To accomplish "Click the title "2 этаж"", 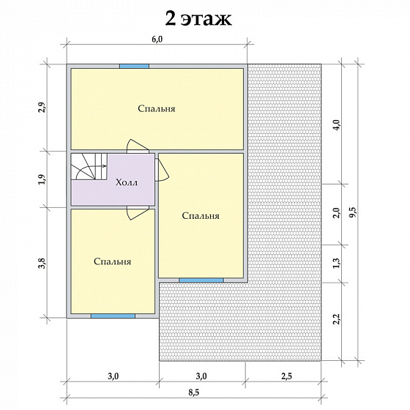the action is tap(198, 19).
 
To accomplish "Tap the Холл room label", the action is tap(127, 182).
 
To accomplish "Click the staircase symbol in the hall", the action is tap(89, 167).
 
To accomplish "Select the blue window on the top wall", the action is tap(135, 66).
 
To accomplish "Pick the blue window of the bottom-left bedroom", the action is tap(113, 316).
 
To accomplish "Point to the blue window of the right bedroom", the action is tap(201, 280).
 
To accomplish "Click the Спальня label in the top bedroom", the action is tap(157, 109).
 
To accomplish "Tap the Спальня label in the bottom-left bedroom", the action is tap(113, 261).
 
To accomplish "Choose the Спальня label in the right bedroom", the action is tap(201, 216).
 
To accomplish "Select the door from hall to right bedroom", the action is tap(162, 170).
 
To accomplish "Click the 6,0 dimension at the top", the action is tap(157, 39).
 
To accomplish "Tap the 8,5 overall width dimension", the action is tap(194, 392).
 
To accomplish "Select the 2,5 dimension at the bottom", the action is tap(286, 376).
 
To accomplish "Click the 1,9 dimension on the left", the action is tap(42, 179).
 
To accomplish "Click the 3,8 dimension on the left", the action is tap(42, 263).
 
